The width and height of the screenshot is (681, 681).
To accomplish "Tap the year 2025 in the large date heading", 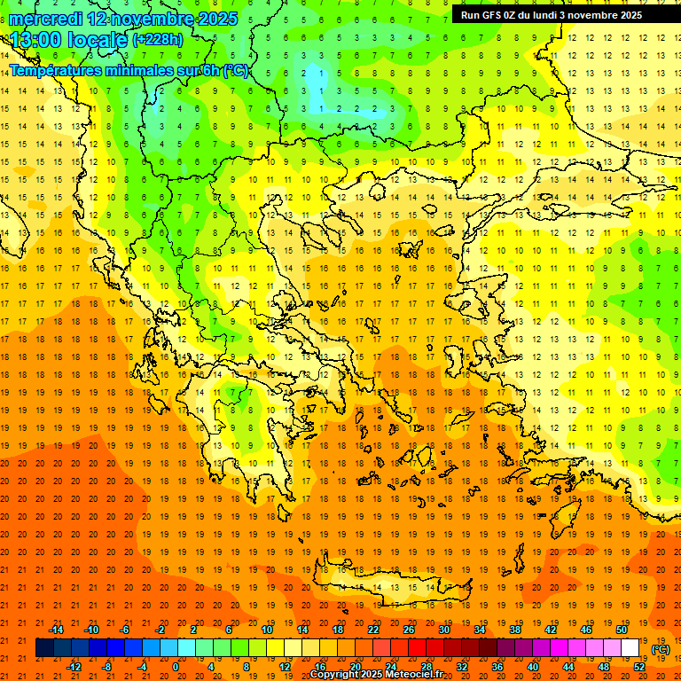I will pos(213,19).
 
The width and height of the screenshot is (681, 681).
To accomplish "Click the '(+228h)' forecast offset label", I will pos(158,40).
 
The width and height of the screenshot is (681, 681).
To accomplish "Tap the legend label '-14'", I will pos(56,630).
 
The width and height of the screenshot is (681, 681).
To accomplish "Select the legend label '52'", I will pos(639,667).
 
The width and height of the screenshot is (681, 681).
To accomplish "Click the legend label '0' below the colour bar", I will pos(176,667).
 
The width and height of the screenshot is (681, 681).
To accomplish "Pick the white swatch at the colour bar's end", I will pos(630,648).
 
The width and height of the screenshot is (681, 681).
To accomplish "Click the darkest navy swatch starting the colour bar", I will pos(44,648).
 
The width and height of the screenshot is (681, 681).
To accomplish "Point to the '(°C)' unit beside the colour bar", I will pos(661,649).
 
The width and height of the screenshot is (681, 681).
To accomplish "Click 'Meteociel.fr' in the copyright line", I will pos(412,675).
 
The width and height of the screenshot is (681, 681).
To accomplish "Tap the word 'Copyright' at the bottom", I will pos(335,675).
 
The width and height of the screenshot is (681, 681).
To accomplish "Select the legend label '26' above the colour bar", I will pos(409,630).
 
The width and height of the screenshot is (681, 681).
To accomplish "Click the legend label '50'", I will pos(622,630).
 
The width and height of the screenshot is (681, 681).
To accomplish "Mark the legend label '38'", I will pos(515,630).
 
